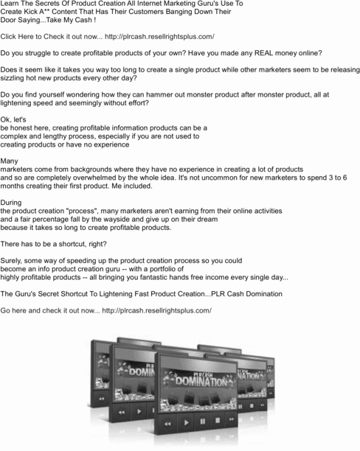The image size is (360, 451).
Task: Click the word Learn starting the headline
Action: [x=13, y=4]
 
